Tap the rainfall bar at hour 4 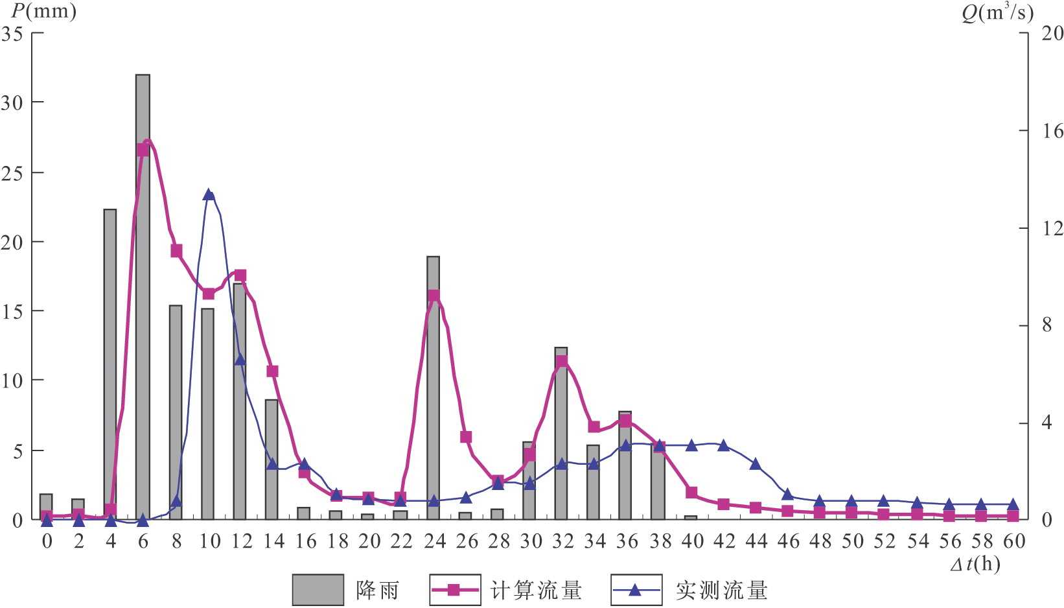point(110,363)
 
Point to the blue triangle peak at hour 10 point(208,194)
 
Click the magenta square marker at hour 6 point(143,150)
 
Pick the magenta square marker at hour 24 point(434,297)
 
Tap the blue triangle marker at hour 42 point(724,445)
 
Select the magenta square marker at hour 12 point(240,275)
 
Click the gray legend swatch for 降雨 point(318,590)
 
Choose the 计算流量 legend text point(536,590)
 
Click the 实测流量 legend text point(721,590)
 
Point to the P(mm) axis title point(43,11)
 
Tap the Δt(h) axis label point(975,565)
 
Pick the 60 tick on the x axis point(1014,541)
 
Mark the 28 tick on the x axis point(498,541)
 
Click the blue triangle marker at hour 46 point(787,495)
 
